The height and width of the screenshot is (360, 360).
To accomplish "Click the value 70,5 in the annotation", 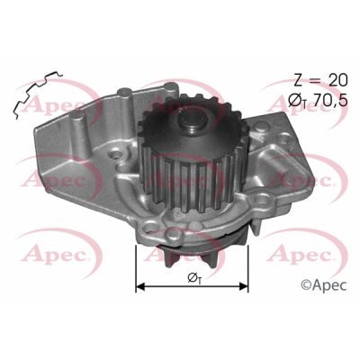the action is click(331, 100).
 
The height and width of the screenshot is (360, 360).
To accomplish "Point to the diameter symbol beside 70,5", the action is click(297, 100).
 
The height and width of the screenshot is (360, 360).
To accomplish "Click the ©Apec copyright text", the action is click(324, 285).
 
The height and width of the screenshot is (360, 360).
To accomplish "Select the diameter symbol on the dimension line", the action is click(193, 278).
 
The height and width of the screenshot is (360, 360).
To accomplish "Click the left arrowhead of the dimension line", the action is click(140, 286).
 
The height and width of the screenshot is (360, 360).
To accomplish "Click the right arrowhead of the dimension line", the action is click(244, 286).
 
